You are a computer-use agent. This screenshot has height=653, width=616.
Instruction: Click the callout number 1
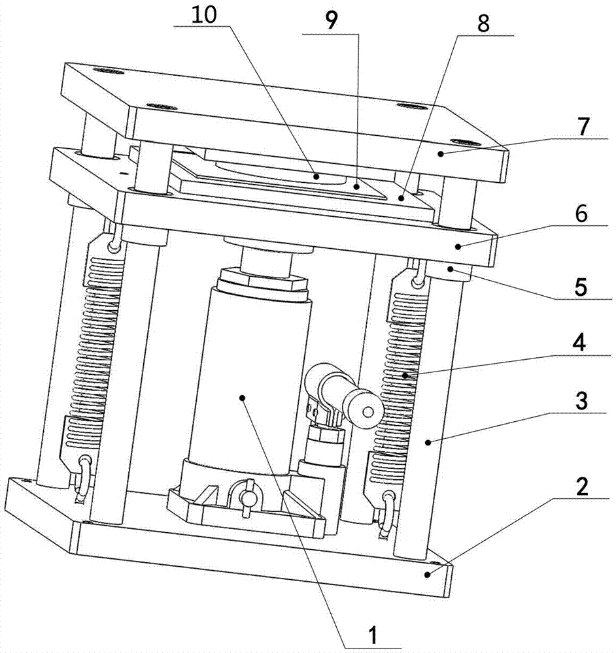[x=372, y=631]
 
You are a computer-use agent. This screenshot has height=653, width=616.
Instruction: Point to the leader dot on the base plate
[x=428, y=574]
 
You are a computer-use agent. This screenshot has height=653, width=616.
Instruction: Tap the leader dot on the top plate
[x=441, y=154]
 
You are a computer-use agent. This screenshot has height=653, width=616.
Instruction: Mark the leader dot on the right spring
[x=404, y=375]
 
